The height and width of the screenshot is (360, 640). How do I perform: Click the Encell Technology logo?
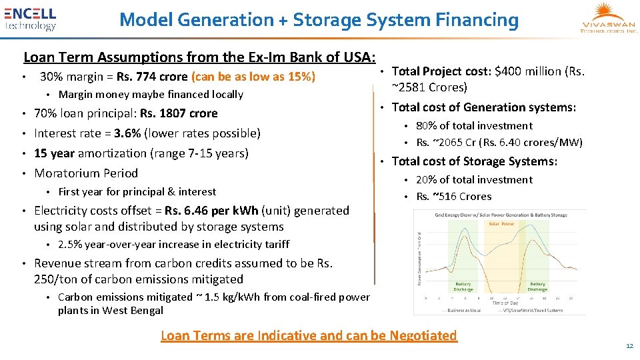(x=31, y=19)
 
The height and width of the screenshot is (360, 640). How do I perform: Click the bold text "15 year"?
(x=54, y=153)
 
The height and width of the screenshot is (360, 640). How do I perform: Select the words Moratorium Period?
(x=86, y=173)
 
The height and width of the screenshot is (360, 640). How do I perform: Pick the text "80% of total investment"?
(x=474, y=125)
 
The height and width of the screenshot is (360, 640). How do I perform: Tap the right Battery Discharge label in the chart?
(x=537, y=286)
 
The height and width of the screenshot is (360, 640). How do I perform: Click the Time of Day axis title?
(x=505, y=302)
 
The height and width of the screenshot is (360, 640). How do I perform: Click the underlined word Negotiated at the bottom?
(x=417, y=335)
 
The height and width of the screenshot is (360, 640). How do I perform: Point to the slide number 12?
(x=629, y=346)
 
